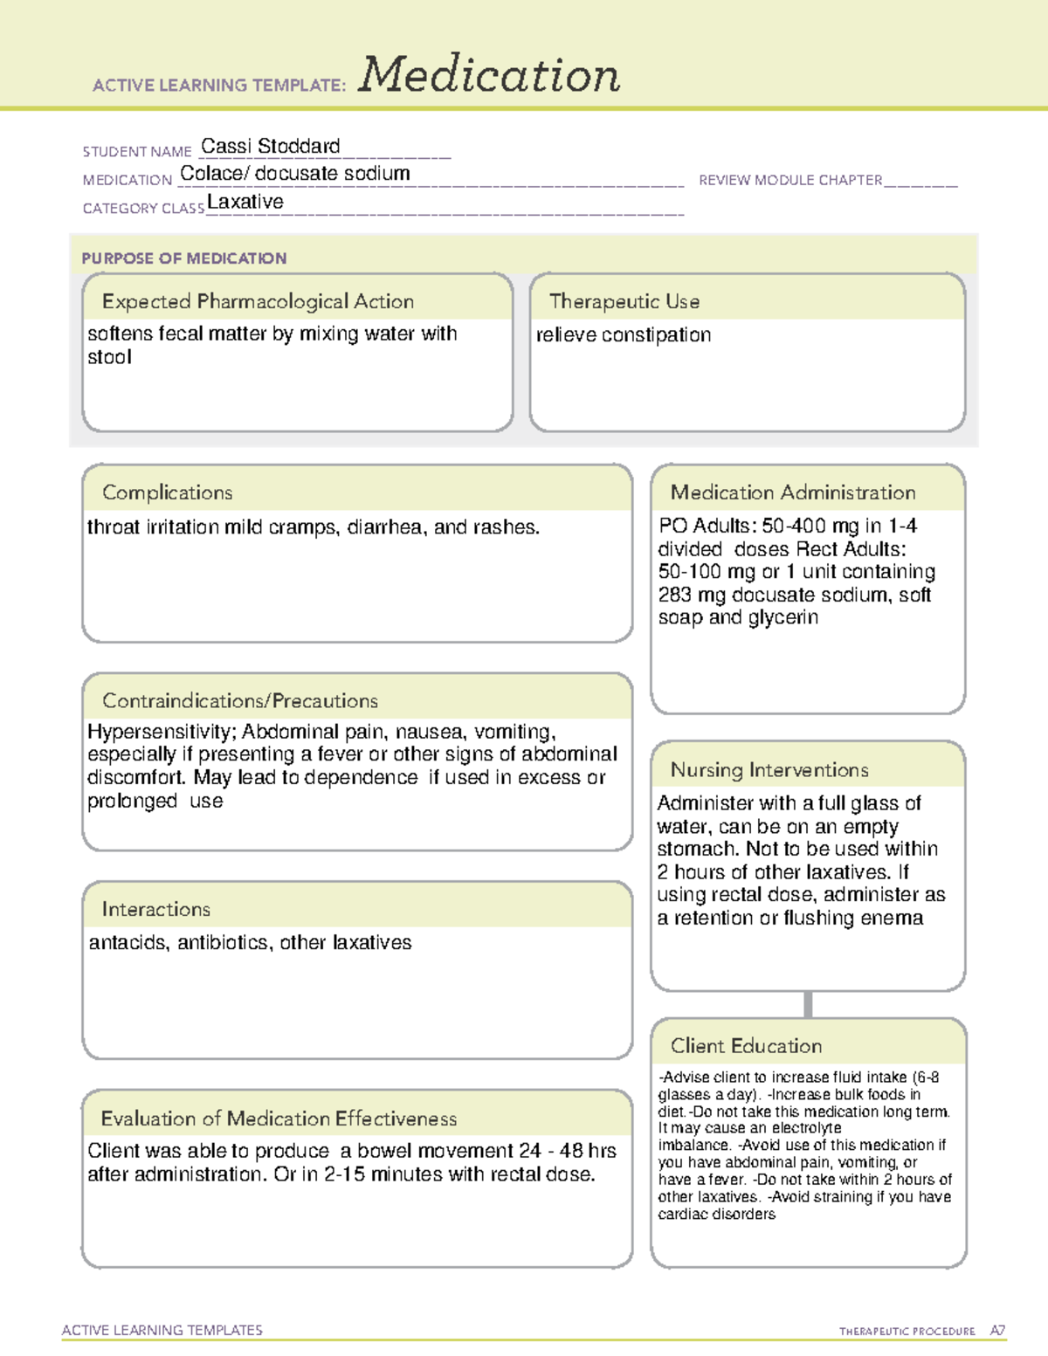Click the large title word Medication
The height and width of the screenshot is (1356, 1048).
coord(489,75)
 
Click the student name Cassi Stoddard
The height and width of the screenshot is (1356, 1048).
coord(271,146)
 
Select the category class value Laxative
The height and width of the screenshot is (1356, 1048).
coord(245,202)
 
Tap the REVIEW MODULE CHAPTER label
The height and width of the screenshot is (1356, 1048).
coord(790,180)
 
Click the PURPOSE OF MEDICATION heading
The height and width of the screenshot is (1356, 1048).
coord(184,258)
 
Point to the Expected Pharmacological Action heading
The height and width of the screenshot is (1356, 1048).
coord(258,301)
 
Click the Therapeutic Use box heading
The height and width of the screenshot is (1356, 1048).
coord(624,301)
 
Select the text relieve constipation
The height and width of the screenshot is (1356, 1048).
coord(624,334)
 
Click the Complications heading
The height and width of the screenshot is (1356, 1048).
coord(168,492)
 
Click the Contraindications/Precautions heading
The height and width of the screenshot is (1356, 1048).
coord(240,700)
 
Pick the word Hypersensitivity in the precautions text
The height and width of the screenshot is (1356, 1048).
coord(162,732)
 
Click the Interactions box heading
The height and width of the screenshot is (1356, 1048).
coord(156,909)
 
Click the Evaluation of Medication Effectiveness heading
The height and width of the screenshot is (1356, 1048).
coord(279,1119)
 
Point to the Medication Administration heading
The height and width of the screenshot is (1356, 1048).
coord(793,492)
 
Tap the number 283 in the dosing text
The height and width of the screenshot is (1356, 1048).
coord(674,595)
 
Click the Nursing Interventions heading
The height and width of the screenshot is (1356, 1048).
coord(769,770)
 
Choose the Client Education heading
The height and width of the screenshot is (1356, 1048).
coord(747,1046)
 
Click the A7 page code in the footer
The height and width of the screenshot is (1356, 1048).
coord(997,1331)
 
